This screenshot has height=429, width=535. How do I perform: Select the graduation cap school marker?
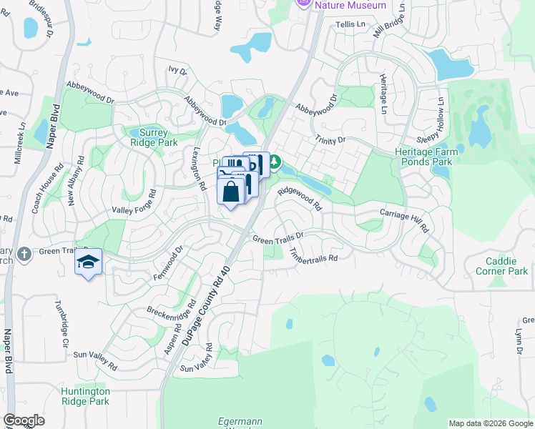pos(89,262)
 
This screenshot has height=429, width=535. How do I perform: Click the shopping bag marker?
pos(230,192)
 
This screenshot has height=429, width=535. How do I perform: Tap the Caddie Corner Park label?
pos(501,266)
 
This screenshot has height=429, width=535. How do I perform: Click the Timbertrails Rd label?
pos(313,255)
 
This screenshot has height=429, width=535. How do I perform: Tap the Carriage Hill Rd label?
pos(404,220)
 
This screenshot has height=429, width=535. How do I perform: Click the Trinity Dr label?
pos(329,139)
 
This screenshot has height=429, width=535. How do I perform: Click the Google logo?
pos(24,420)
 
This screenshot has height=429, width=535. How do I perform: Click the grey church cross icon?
pos(24,254)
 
